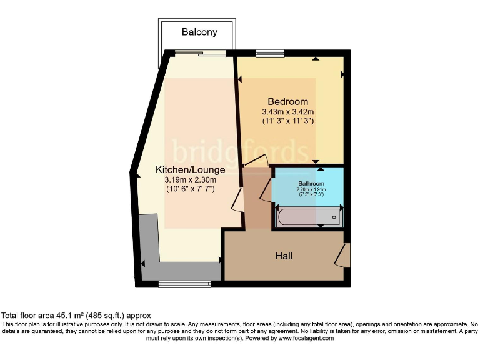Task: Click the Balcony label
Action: [x=199, y=32]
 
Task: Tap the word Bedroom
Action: [x=287, y=102]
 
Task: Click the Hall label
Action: [x=284, y=256]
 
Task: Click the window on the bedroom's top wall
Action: [x=269, y=53]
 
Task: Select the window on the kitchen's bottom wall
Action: [x=184, y=284]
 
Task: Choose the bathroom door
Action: [x=266, y=189]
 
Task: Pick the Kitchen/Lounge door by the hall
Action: [x=237, y=201]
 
